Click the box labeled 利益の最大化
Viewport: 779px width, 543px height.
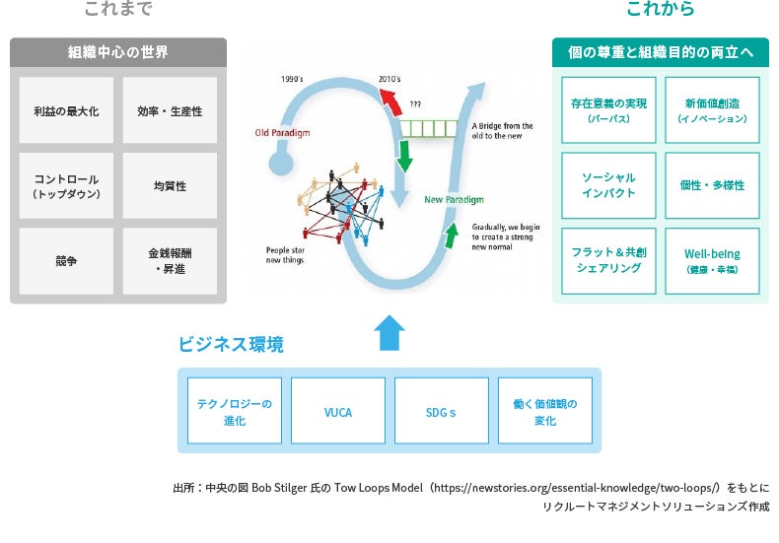pos(67,111)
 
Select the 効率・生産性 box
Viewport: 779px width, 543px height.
pos(170,111)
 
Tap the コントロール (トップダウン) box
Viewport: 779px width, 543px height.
pos(67,186)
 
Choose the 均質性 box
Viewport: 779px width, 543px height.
pos(170,186)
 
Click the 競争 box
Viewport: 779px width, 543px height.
pos(67,261)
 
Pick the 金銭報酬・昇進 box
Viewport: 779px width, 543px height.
pos(170,261)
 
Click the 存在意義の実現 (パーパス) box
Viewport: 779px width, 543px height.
pos(607,110)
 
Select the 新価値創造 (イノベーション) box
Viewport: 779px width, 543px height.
pos(712,110)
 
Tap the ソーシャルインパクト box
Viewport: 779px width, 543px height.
pos(607,185)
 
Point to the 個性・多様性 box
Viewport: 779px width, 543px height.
pos(712,185)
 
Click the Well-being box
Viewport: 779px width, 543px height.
pos(712,260)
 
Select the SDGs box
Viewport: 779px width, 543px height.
pos(441,411)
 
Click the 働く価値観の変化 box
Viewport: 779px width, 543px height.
pos(544,411)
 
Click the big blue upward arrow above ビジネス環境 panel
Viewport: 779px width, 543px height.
pos(390,333)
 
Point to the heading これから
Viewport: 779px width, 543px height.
pos(660,10)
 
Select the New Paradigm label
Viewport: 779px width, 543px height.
pos(454,200)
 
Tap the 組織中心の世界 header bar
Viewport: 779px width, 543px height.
pos(118,51)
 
